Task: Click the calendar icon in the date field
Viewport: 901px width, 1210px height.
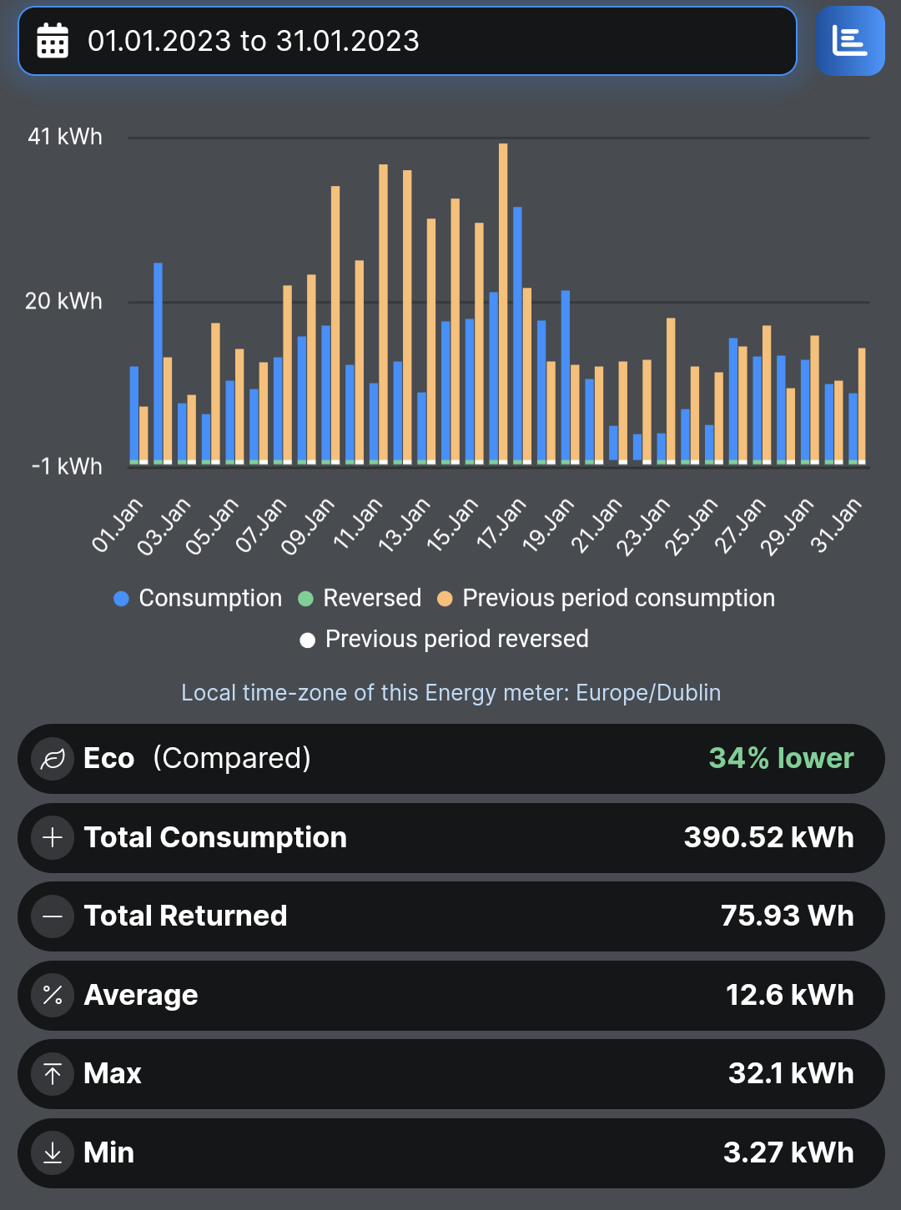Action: pos(53,40)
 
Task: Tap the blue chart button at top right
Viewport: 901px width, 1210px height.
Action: pos(850,41)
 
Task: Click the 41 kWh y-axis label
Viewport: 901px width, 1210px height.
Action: pos(65,137)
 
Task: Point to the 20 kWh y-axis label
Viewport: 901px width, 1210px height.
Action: pos(63,301)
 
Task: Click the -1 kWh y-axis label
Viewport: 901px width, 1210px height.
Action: pos(67,466)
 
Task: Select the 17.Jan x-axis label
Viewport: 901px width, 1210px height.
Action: pos(501,525)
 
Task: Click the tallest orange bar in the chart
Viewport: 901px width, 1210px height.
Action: pos(503,304)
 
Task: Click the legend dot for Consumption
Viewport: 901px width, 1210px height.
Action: pos(121,599)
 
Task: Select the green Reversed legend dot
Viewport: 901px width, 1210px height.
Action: pos(305,599)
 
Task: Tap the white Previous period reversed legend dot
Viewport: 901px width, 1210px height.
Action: pos(308,640)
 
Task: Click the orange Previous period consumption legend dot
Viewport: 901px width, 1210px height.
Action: pos(445,599)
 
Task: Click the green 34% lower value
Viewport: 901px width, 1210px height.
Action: pos(781,758)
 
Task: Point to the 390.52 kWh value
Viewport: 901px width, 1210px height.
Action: pos(769,837)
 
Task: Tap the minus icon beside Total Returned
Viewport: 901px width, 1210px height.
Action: pos(53,916)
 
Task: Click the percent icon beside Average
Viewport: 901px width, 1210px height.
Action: pos(53,995)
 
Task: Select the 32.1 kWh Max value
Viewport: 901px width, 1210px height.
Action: pos(792,1073)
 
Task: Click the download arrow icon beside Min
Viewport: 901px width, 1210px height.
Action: pos(53,1152)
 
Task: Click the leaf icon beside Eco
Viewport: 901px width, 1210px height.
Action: pos(53,759)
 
